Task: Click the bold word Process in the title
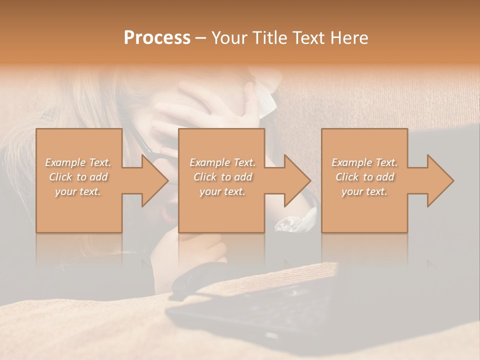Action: pos(157,38)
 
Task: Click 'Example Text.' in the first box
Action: pos(78,162)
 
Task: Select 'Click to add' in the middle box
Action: pos(222,177)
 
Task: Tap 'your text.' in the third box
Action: pos(364,191)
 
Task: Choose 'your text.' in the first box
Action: pos(78,191)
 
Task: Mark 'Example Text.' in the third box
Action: pos(364,162)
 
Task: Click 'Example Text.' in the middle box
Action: pos(222,162)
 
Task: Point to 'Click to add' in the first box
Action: pos(78,177)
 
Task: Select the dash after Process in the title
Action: pos(201,38)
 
